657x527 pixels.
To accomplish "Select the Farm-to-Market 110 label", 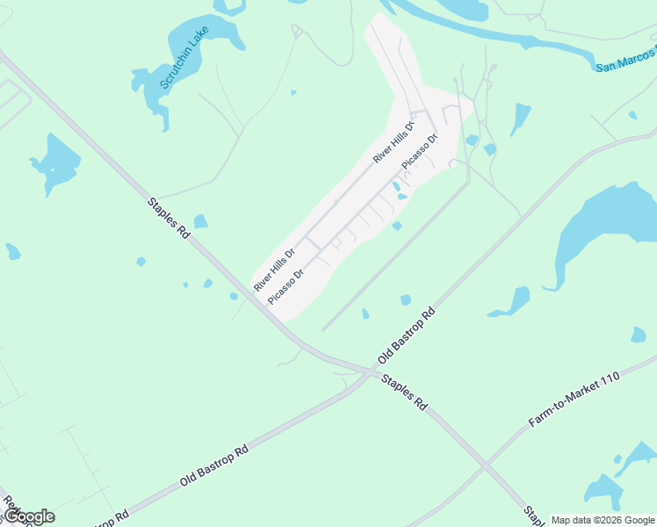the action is (x=574, y=401).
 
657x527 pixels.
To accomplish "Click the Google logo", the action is (x=28, y=516).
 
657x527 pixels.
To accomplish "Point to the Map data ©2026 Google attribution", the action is (x=603, y=520).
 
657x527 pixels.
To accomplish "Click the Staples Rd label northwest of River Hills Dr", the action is (x=169, y=219).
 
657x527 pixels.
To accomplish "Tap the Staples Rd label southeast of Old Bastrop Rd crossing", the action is (x=404, y=393).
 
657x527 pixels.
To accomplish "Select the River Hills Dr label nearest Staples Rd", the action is (x=273, y=269).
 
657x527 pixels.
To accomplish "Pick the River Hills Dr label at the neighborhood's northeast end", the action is (x=393, y=141).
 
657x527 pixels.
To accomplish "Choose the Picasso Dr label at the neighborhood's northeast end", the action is (x=419, y=151).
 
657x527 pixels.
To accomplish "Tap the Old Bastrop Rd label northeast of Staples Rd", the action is (x=407, y=336).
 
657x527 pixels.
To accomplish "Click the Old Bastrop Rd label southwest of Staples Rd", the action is (x=213, y=466).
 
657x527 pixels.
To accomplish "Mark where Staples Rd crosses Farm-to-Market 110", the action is (x=484, y=464).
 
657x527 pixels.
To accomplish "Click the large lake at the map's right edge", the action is (x=606, y=228).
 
